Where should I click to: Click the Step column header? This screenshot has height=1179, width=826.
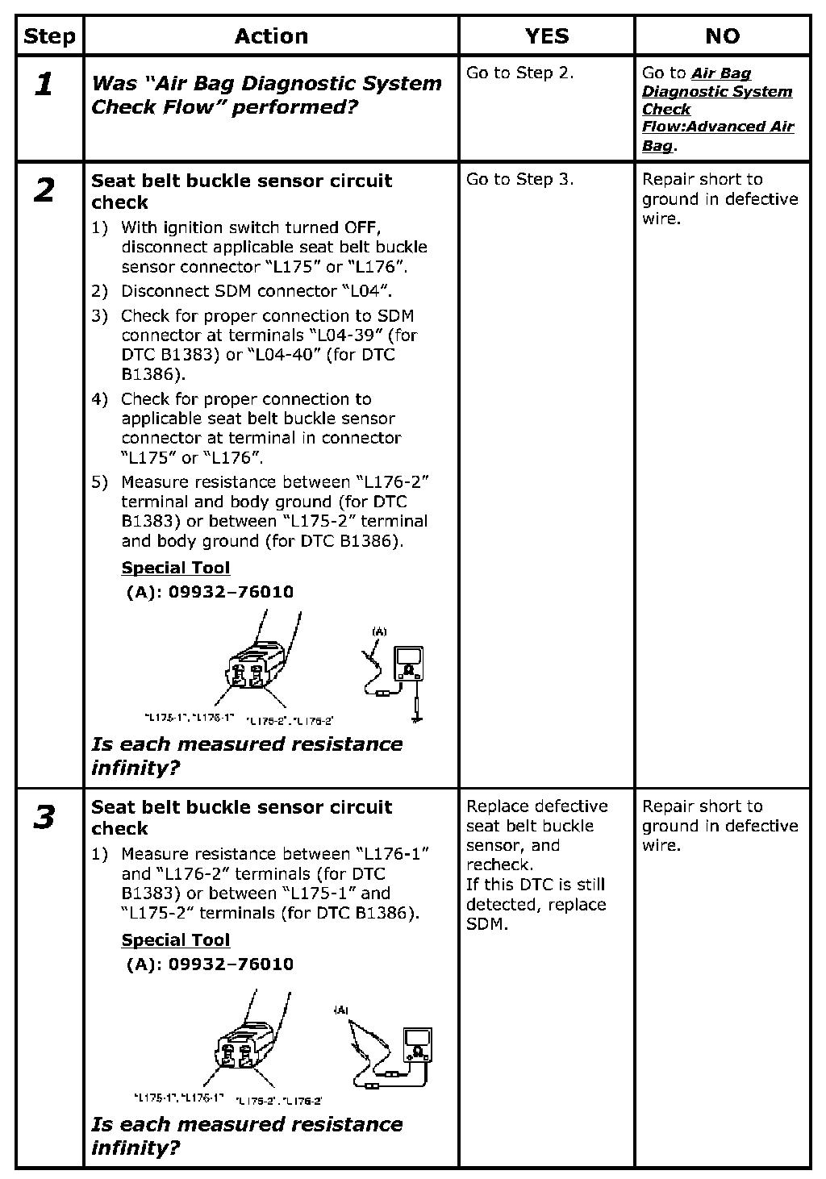tap(49, 36)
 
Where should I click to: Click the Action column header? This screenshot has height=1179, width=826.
tap(271, 36)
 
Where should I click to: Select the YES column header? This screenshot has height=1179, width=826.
tap(546, 36)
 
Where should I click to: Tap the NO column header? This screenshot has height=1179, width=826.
tap(722, 36)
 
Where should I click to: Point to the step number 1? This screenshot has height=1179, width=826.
tap(45, 84)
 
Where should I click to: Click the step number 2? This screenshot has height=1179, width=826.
tap(45, 190)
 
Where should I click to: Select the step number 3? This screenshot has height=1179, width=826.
tap(45, 817)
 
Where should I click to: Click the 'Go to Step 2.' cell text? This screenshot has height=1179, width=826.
tap(519, 73)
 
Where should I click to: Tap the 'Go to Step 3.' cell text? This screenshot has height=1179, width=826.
tap(519, 179)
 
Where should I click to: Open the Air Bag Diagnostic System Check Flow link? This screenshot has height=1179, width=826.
tap(716, 109)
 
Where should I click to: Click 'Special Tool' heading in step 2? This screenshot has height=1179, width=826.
tap(176, 568)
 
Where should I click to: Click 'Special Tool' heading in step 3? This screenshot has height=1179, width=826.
tap(176, 940)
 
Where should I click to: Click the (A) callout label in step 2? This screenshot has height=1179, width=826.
tap(379, 631)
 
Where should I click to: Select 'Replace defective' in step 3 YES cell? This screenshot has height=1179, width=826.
tap(536, 806)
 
